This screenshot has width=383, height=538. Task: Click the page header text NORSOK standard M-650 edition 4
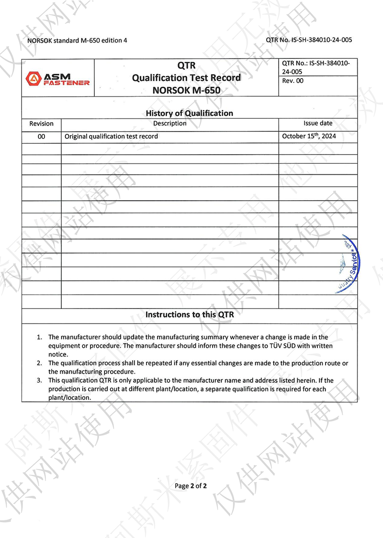pos(78,41)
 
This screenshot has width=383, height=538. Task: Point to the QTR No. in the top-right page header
pos(309,40)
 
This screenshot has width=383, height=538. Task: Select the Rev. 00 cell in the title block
pos(293,81)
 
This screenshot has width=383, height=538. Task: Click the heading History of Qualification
pos(189,113)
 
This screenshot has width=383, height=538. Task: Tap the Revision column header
pos(42,124)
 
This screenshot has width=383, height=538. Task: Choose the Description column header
pos(169,124)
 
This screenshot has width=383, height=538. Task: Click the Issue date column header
pos(317,124)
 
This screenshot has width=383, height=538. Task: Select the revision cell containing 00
pos(42,137)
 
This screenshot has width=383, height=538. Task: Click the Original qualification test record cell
pos(111,137)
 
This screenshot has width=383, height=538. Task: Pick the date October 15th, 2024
pos(309,136)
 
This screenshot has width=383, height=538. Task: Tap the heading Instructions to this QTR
pos(189,315)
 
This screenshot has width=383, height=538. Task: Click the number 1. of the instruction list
pos(40,337)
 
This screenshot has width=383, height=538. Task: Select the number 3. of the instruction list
pos(40,380)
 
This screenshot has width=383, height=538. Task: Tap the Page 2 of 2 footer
pos(191,486)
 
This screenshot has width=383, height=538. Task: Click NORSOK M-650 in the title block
pos(187,90)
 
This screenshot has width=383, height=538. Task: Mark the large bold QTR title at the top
pos(187,66)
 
